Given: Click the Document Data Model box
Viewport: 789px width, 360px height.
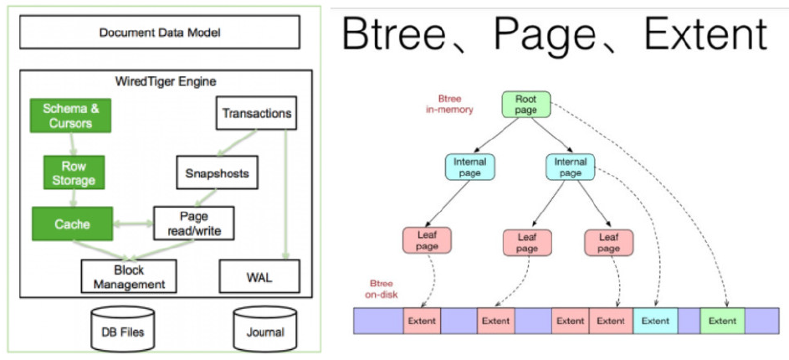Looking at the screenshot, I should coord(159,33).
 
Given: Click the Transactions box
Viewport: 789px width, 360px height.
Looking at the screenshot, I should coord(255,113).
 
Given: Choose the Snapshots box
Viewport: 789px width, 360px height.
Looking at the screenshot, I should coord(217,173).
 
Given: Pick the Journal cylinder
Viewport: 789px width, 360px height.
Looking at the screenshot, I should coord(265,328).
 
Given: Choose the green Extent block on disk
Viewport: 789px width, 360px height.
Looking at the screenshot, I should coord(722,321).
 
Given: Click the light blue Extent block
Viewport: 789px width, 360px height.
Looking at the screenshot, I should coord(655,321).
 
